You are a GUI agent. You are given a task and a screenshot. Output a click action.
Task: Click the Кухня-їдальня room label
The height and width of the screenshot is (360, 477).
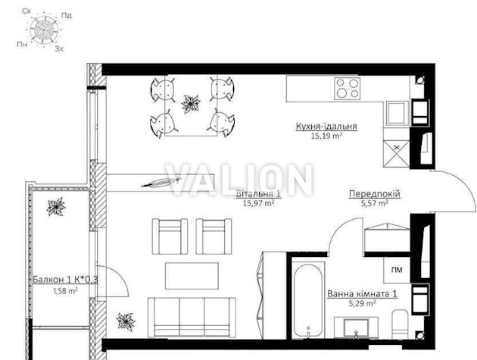[326, 127]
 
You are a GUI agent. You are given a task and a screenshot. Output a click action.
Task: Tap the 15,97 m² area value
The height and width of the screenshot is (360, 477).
[259, 203]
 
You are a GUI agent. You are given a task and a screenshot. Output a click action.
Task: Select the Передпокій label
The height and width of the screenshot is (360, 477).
[375, 194]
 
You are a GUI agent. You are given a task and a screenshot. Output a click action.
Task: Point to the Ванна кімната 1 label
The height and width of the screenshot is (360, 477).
[362, 294]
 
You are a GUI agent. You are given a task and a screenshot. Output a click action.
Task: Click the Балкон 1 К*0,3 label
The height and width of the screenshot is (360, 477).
[65, 280]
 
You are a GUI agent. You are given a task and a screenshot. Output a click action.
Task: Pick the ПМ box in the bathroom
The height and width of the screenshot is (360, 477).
[397, 270]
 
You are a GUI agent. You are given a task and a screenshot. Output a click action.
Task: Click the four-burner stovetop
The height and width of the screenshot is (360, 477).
[347, 89]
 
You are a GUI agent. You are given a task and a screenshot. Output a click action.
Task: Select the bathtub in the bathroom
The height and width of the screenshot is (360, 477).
[308, 300]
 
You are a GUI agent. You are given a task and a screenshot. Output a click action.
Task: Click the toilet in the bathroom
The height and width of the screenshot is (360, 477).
[400, 324]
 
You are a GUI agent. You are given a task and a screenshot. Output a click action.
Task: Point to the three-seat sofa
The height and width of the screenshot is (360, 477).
[192, 317]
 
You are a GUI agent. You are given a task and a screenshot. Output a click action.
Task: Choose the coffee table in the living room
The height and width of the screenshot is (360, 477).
[192, 276]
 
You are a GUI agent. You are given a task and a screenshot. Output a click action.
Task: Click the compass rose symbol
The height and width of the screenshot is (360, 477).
[45, 30]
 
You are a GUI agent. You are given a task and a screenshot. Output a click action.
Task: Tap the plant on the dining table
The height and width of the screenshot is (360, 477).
[191, 105]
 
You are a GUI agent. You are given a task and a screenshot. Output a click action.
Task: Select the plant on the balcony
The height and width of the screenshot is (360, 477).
[56, 207]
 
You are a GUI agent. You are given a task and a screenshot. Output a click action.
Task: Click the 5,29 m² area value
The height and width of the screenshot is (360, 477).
[362, 303]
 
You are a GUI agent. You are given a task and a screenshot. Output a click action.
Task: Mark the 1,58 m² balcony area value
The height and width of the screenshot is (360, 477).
[65, 291]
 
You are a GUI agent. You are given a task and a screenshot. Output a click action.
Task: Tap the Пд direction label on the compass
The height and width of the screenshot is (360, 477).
[67, 15]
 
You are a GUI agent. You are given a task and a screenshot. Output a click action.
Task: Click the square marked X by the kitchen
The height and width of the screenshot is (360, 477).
[397, 153]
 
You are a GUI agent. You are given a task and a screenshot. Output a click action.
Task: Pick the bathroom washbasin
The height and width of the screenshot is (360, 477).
[356, 328]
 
